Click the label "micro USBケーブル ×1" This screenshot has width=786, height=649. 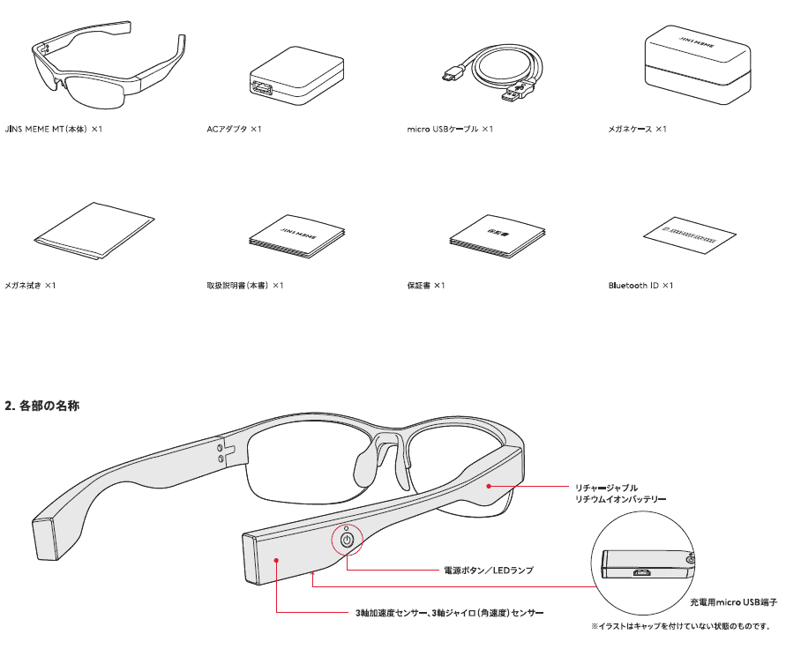450,130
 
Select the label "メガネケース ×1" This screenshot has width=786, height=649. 637,130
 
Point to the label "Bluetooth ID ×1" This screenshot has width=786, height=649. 640,286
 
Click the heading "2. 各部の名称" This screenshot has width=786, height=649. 43,407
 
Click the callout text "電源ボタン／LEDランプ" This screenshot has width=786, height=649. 487,571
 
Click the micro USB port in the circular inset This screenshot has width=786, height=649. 642,571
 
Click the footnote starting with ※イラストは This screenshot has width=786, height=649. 685,626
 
